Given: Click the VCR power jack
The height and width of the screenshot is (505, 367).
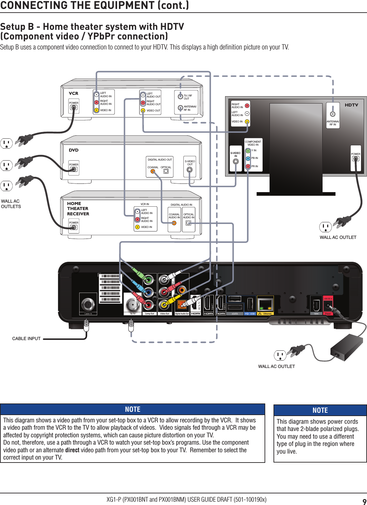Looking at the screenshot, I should pyautogui.click(x=74, y=108).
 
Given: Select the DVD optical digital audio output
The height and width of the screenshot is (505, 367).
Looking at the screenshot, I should pyautogui.click(x=166, y=172).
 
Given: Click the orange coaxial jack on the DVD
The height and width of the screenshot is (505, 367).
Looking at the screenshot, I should pyautogui.click(x=153, y=172).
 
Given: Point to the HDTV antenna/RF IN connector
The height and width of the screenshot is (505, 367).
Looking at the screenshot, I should pyautogui.click(x=333, y=114).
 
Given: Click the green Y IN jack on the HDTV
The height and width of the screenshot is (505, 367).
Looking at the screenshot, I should pyautogui.click(x=248, y=151).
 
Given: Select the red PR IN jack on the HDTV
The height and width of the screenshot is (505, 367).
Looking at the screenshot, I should pyautogui.click(x=248, y=166).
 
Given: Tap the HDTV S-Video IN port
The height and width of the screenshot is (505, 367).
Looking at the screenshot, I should pyautogui.click(x=236, y=162).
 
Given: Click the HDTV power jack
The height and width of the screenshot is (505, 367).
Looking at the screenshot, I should pyautogui.click(x=355, y=159).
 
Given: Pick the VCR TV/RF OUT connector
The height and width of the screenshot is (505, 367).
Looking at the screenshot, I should pyautogui.click(x=180, y=97).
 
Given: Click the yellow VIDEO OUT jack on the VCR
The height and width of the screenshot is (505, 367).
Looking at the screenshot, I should pyautogui.click(x=143, y=110).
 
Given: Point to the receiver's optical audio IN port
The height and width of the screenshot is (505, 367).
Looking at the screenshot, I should pyautogui.click(x=188, y=223).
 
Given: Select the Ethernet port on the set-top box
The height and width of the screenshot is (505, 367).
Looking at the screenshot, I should pyautogui.click(x=265, y=304).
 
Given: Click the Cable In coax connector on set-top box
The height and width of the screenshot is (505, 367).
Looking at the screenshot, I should pyautogui.click(x=88, y=304).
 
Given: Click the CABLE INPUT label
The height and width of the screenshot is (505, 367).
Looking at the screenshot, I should pyautogui.click(x=26, y=338).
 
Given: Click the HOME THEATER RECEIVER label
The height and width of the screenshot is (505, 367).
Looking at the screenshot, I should pyautogui.click(x=78, y=209).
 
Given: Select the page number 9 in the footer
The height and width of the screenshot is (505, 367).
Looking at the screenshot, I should pyautogui.click(x=364, y=501).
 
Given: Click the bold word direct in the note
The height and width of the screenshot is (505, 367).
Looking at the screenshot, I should pyautogui.click(x=72, y=450).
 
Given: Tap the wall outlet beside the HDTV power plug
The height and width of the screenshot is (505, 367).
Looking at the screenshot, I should pyautogui.click(x=325, y=227).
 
